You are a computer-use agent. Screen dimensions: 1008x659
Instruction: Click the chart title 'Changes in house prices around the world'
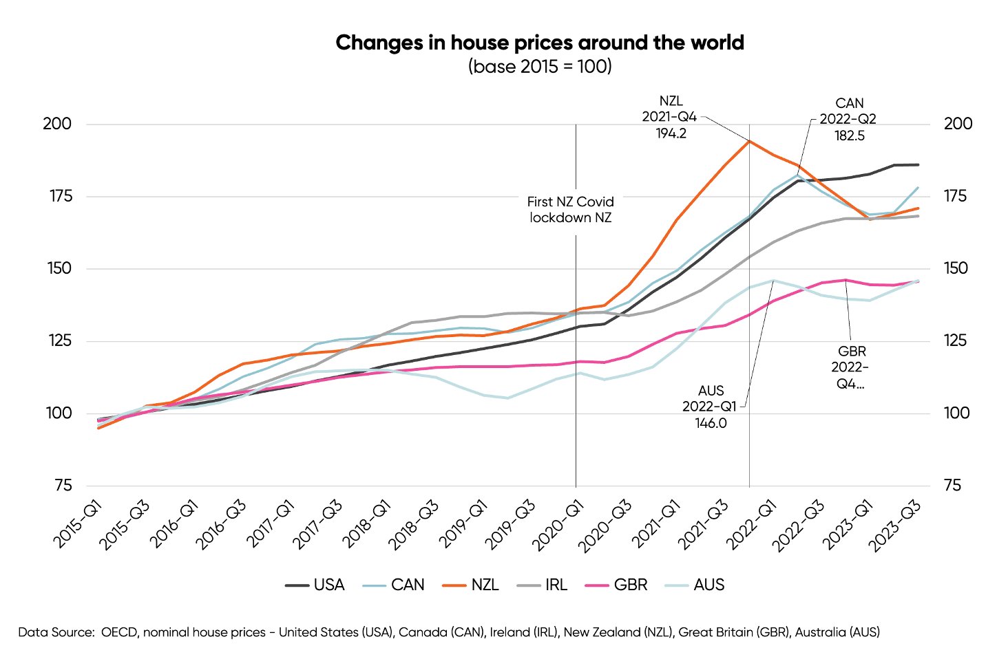[540, 43]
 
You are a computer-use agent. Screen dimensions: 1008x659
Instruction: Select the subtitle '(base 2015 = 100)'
[540, 67]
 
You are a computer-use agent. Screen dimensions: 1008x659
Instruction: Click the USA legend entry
[315, 585]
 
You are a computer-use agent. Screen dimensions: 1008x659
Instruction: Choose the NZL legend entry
[471, 585]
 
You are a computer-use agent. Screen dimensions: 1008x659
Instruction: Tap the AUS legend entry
[694, 585]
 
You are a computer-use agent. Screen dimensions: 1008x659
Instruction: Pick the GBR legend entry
[616, 585]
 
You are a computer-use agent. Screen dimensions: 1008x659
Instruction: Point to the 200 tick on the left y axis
[57, 124]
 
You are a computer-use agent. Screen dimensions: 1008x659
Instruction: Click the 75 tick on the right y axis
[952, 486]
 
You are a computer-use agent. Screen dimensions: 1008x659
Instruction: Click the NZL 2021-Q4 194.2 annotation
[670, 117]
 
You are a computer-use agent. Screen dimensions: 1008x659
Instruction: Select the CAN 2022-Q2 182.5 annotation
[849, 120]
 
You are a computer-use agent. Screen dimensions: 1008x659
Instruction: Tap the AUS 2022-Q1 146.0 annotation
[710, 407]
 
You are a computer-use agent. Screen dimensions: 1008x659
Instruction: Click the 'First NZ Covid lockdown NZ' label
[571, 210]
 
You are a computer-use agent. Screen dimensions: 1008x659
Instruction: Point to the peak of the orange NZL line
[749, 141]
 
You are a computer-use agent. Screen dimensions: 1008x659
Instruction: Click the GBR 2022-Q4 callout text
[850, 368]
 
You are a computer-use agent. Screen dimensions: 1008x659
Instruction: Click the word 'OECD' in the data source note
[119, 632]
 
